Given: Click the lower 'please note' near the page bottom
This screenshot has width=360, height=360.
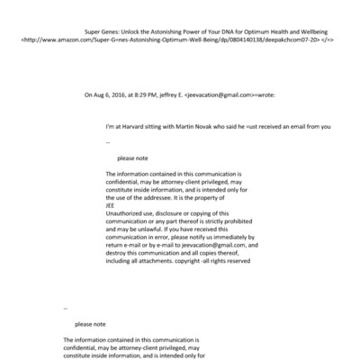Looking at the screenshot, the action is click(x=92, y=324).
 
